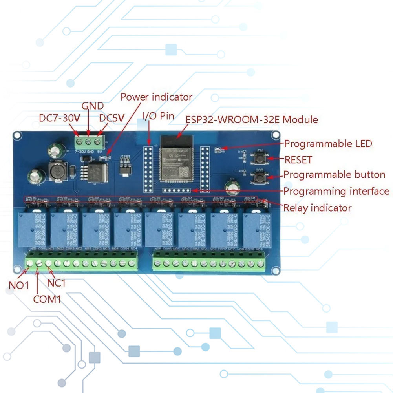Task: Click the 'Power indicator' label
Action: [x=156, y=97]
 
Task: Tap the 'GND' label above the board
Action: [x=92, y=106]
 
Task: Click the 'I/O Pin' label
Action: [x=158, y=116]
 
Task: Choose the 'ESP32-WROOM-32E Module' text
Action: [x=252, y=119]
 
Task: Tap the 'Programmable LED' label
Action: [x=328, y=144]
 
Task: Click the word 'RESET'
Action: [x=298, y=160]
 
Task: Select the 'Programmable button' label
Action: [x=335, y=175]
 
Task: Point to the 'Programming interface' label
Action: [x=336, y=192]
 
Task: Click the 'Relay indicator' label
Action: [x=317, y=208]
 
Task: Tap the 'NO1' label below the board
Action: [x=19, y=285]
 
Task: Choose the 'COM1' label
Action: [x=47, y=299]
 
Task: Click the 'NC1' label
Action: [x=57, y=283]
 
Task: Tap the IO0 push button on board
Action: [x=260, y=177]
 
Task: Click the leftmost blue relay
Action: [x=32, y=229]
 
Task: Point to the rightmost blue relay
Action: [x=256, y=229]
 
